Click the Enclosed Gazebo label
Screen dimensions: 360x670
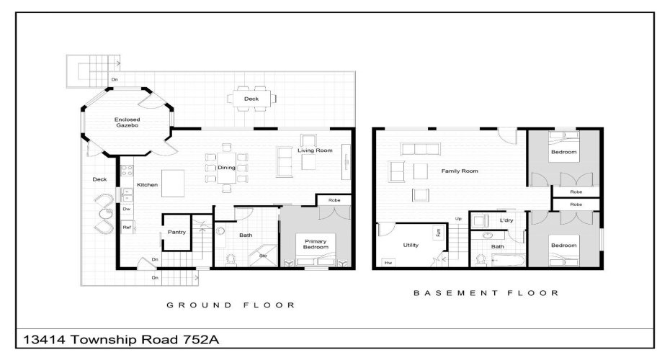127,122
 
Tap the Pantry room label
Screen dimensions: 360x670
177,232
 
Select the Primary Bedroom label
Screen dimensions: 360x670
317,245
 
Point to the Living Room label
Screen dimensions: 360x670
316,150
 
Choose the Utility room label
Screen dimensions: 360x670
411,245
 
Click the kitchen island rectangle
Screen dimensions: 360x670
176,184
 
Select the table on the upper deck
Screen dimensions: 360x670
251,99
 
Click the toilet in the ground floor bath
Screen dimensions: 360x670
231,260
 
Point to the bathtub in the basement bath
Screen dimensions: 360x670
504,261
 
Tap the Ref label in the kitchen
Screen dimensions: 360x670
126,228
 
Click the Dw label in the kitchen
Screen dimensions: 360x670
126,210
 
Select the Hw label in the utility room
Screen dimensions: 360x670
388,263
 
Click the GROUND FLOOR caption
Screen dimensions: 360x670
231,305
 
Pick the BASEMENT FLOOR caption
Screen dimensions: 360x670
486,293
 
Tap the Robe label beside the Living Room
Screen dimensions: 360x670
334,200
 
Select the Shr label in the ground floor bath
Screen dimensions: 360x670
263,255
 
